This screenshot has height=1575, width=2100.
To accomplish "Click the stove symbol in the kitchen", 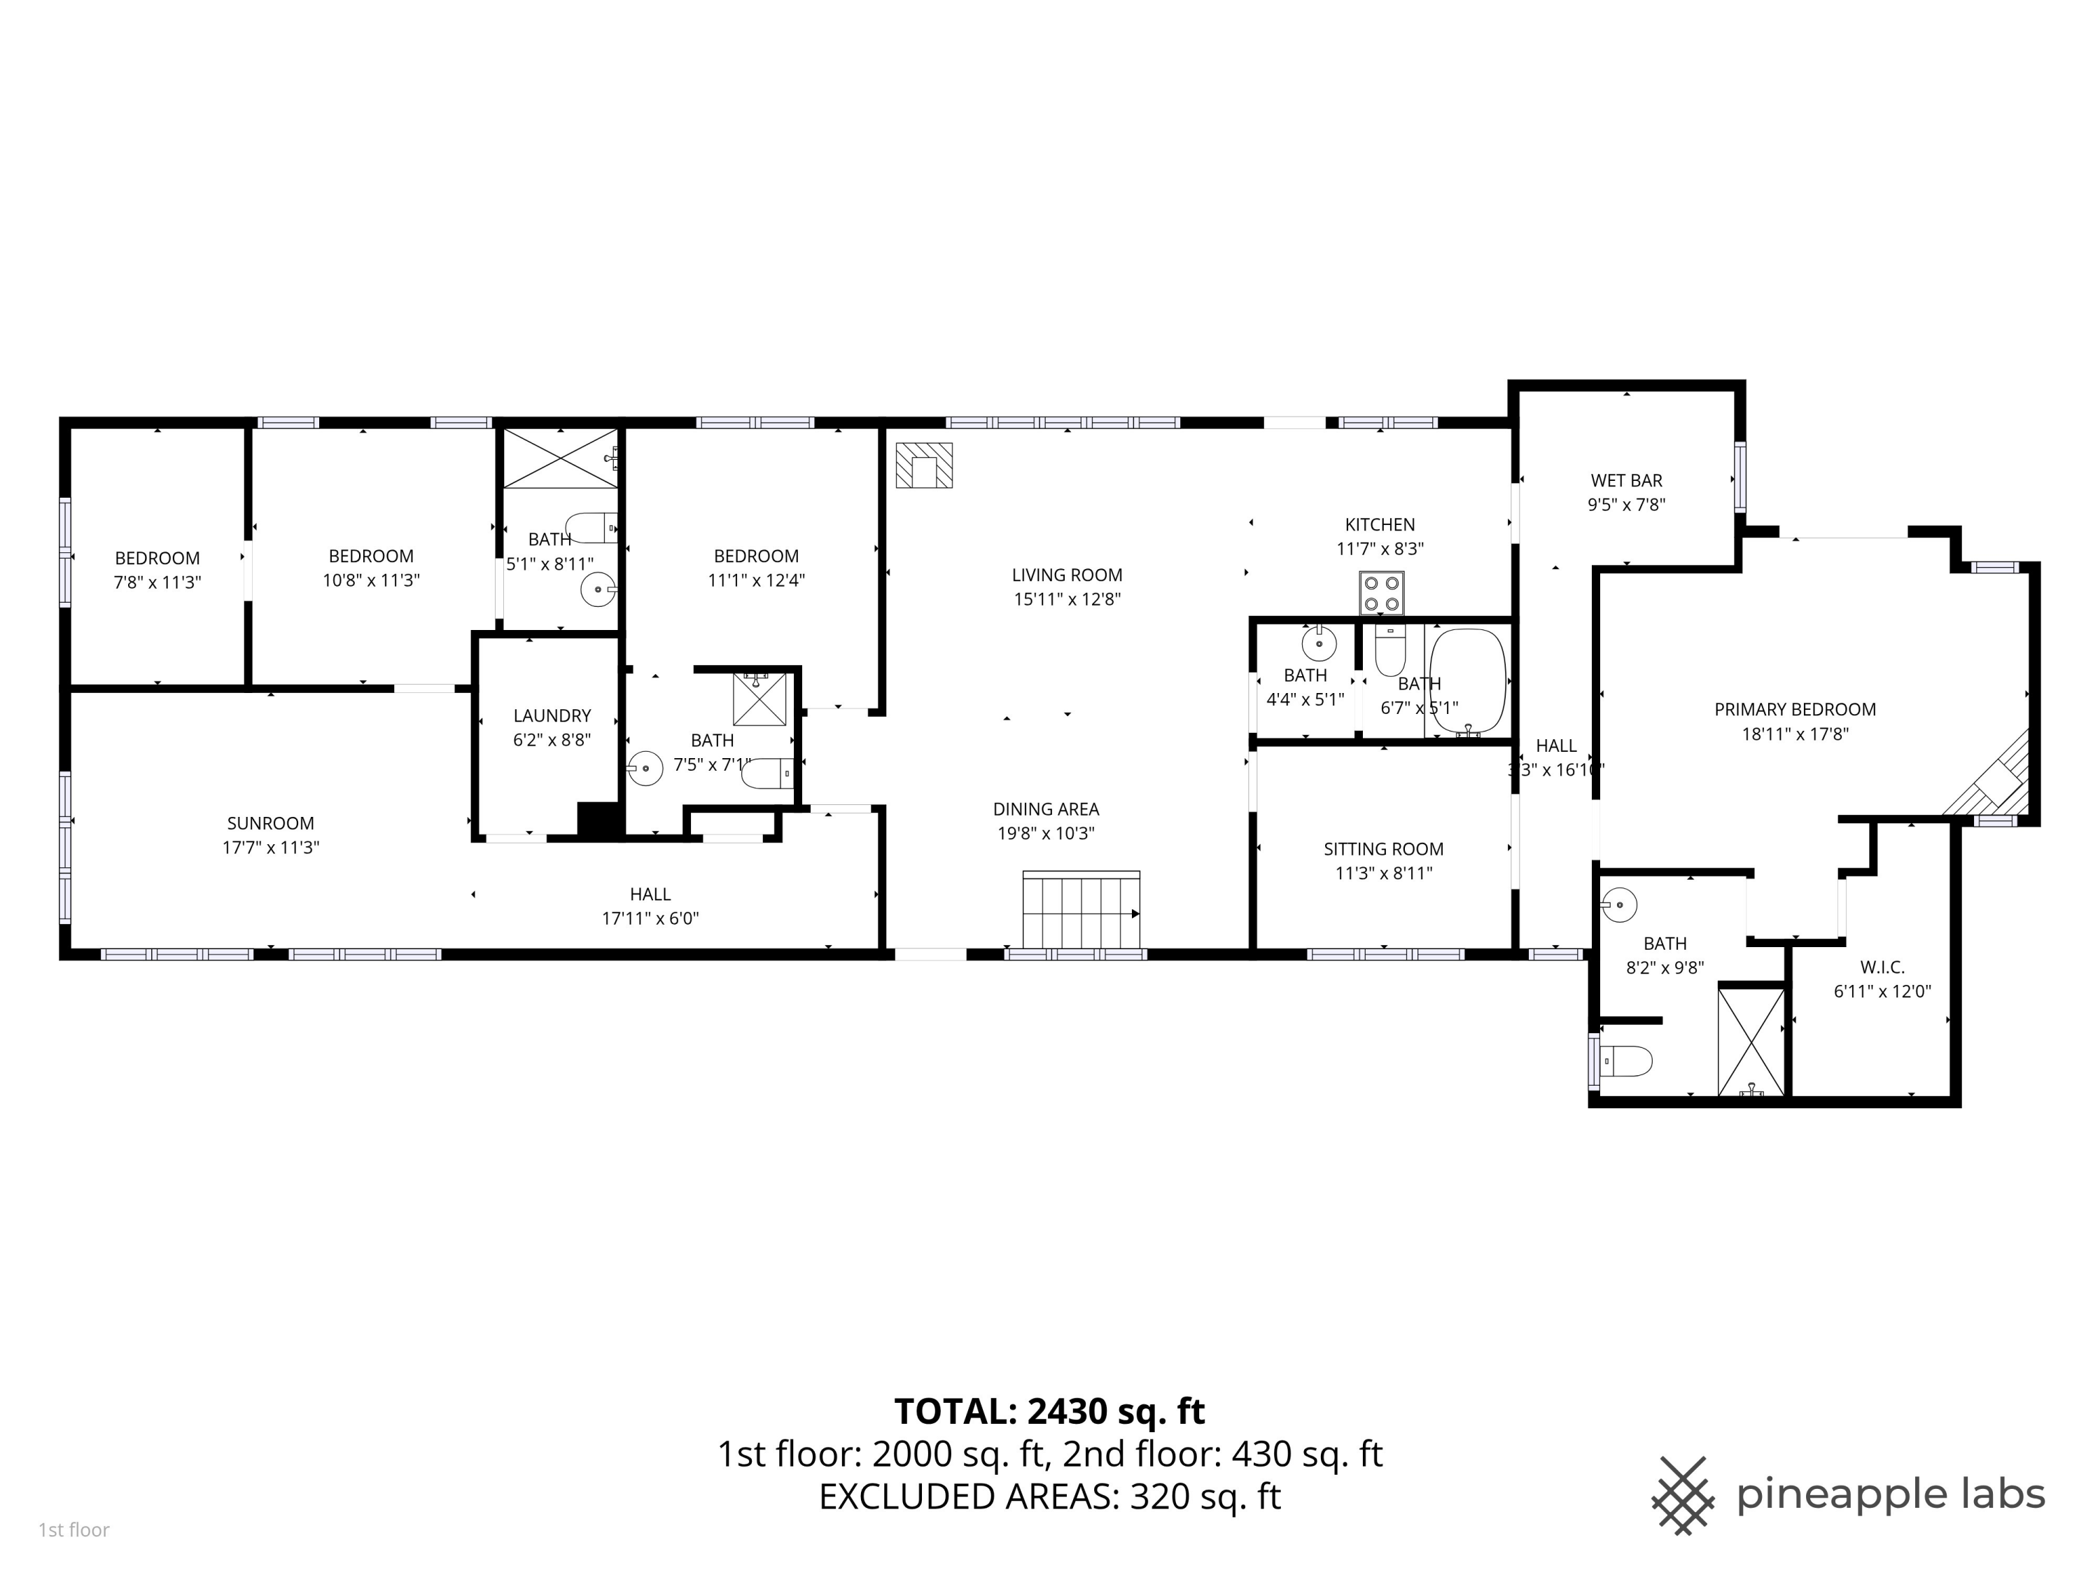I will click(x=1381, y=594).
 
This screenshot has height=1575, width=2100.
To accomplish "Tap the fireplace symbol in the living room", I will click(x=924, y=466).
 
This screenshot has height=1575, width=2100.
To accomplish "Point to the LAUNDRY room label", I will click(x=552, y=716).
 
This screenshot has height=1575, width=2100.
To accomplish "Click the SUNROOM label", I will click(x=271, y=823).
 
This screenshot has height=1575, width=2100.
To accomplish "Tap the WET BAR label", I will click(x=1626, y=480).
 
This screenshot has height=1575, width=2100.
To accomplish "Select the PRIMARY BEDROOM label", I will click(x=1794, y=709).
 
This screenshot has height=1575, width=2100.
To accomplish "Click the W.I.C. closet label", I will click(x=1882, y=967).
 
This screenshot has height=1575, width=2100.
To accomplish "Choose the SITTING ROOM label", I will click(x=1383, y=848).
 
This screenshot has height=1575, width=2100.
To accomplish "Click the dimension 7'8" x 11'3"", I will click(x=157, y=582).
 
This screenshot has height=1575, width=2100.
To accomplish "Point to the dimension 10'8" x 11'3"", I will click(x=371, y=580).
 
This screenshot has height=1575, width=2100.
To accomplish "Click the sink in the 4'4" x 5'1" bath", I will click(x=1319, y=645).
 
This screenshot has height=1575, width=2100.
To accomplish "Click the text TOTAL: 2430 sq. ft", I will click(x=1049, y=1412).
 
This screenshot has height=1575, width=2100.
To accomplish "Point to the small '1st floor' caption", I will click(x=74, y=1529).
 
